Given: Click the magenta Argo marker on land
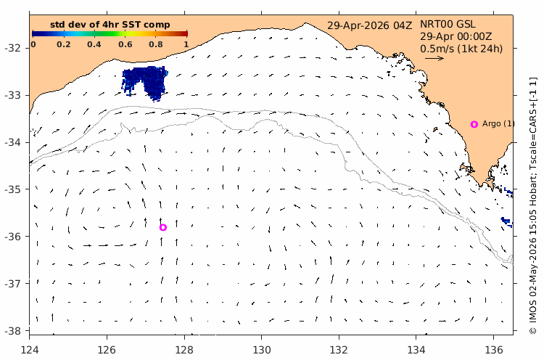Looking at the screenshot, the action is point(474,124).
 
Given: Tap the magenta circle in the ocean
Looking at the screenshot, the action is point(163,227).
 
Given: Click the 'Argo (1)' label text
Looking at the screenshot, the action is point(498,123).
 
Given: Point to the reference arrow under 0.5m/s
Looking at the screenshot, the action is point(434,58).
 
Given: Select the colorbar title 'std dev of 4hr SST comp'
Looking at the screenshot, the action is point(110,25).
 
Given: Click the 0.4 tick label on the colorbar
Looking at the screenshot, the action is point(94,44).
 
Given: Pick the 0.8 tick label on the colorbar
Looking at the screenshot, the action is point(156,44).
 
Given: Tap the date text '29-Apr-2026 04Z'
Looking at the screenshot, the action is point(370,25).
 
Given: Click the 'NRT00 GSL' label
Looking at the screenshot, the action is point(448,24).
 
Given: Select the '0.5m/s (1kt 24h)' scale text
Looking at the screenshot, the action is point(461,48).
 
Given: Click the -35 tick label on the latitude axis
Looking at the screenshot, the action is point(12,189).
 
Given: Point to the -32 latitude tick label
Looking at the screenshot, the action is point(12,48).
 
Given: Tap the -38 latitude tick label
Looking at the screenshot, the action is point(12,331).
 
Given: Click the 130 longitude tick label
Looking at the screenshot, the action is point(262,350).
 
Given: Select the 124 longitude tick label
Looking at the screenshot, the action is point(30,350).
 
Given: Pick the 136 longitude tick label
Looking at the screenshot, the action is point(493,350).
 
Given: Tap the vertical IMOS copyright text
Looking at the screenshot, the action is point(533,205).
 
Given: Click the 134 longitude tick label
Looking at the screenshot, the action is point(416,350).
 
